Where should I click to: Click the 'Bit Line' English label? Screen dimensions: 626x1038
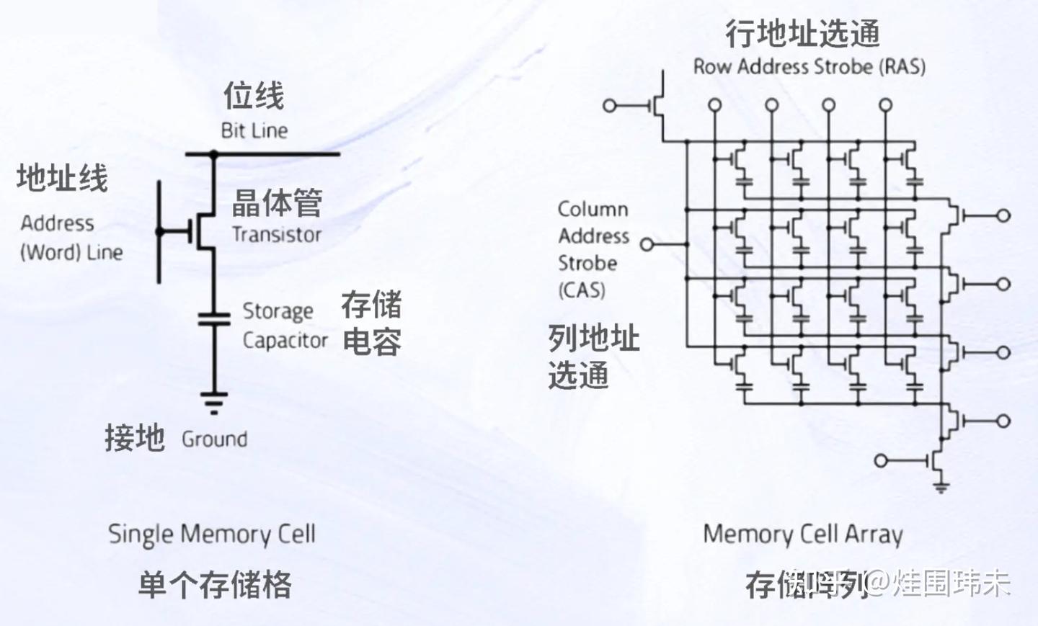[x=254, y=130]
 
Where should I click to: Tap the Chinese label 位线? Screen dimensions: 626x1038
[x=254, y=96]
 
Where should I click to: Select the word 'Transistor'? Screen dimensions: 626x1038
[x=277, y=234]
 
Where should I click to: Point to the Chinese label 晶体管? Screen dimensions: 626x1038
[x=277, y=202]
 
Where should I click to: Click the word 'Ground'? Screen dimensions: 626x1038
[x=214, y=439]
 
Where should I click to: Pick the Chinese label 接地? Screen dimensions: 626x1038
[x=135, y=437]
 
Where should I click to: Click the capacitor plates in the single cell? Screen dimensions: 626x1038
[x=213, y=318]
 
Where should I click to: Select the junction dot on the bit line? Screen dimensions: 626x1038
[x=213, y=154]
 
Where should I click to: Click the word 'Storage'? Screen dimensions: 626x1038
[x=278, y=311]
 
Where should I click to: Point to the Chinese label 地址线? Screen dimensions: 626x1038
[x=63, y=178]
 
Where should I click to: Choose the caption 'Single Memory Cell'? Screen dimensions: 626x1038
[x=212, y=534]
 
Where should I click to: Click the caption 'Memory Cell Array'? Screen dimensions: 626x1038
[x=803, y=534]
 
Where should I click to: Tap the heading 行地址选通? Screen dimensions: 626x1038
[x=803, y=33]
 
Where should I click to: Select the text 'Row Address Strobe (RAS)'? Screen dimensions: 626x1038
[x=809, y=67]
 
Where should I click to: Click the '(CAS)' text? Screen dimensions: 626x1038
[x=582, y=290]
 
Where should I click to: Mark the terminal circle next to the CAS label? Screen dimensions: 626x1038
[x=647, y=245]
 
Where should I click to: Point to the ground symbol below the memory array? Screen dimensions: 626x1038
[x=941, y=487]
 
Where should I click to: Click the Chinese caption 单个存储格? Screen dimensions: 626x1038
[x=215, y=584]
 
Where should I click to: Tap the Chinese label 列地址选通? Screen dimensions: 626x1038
[x=593, y=356]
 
